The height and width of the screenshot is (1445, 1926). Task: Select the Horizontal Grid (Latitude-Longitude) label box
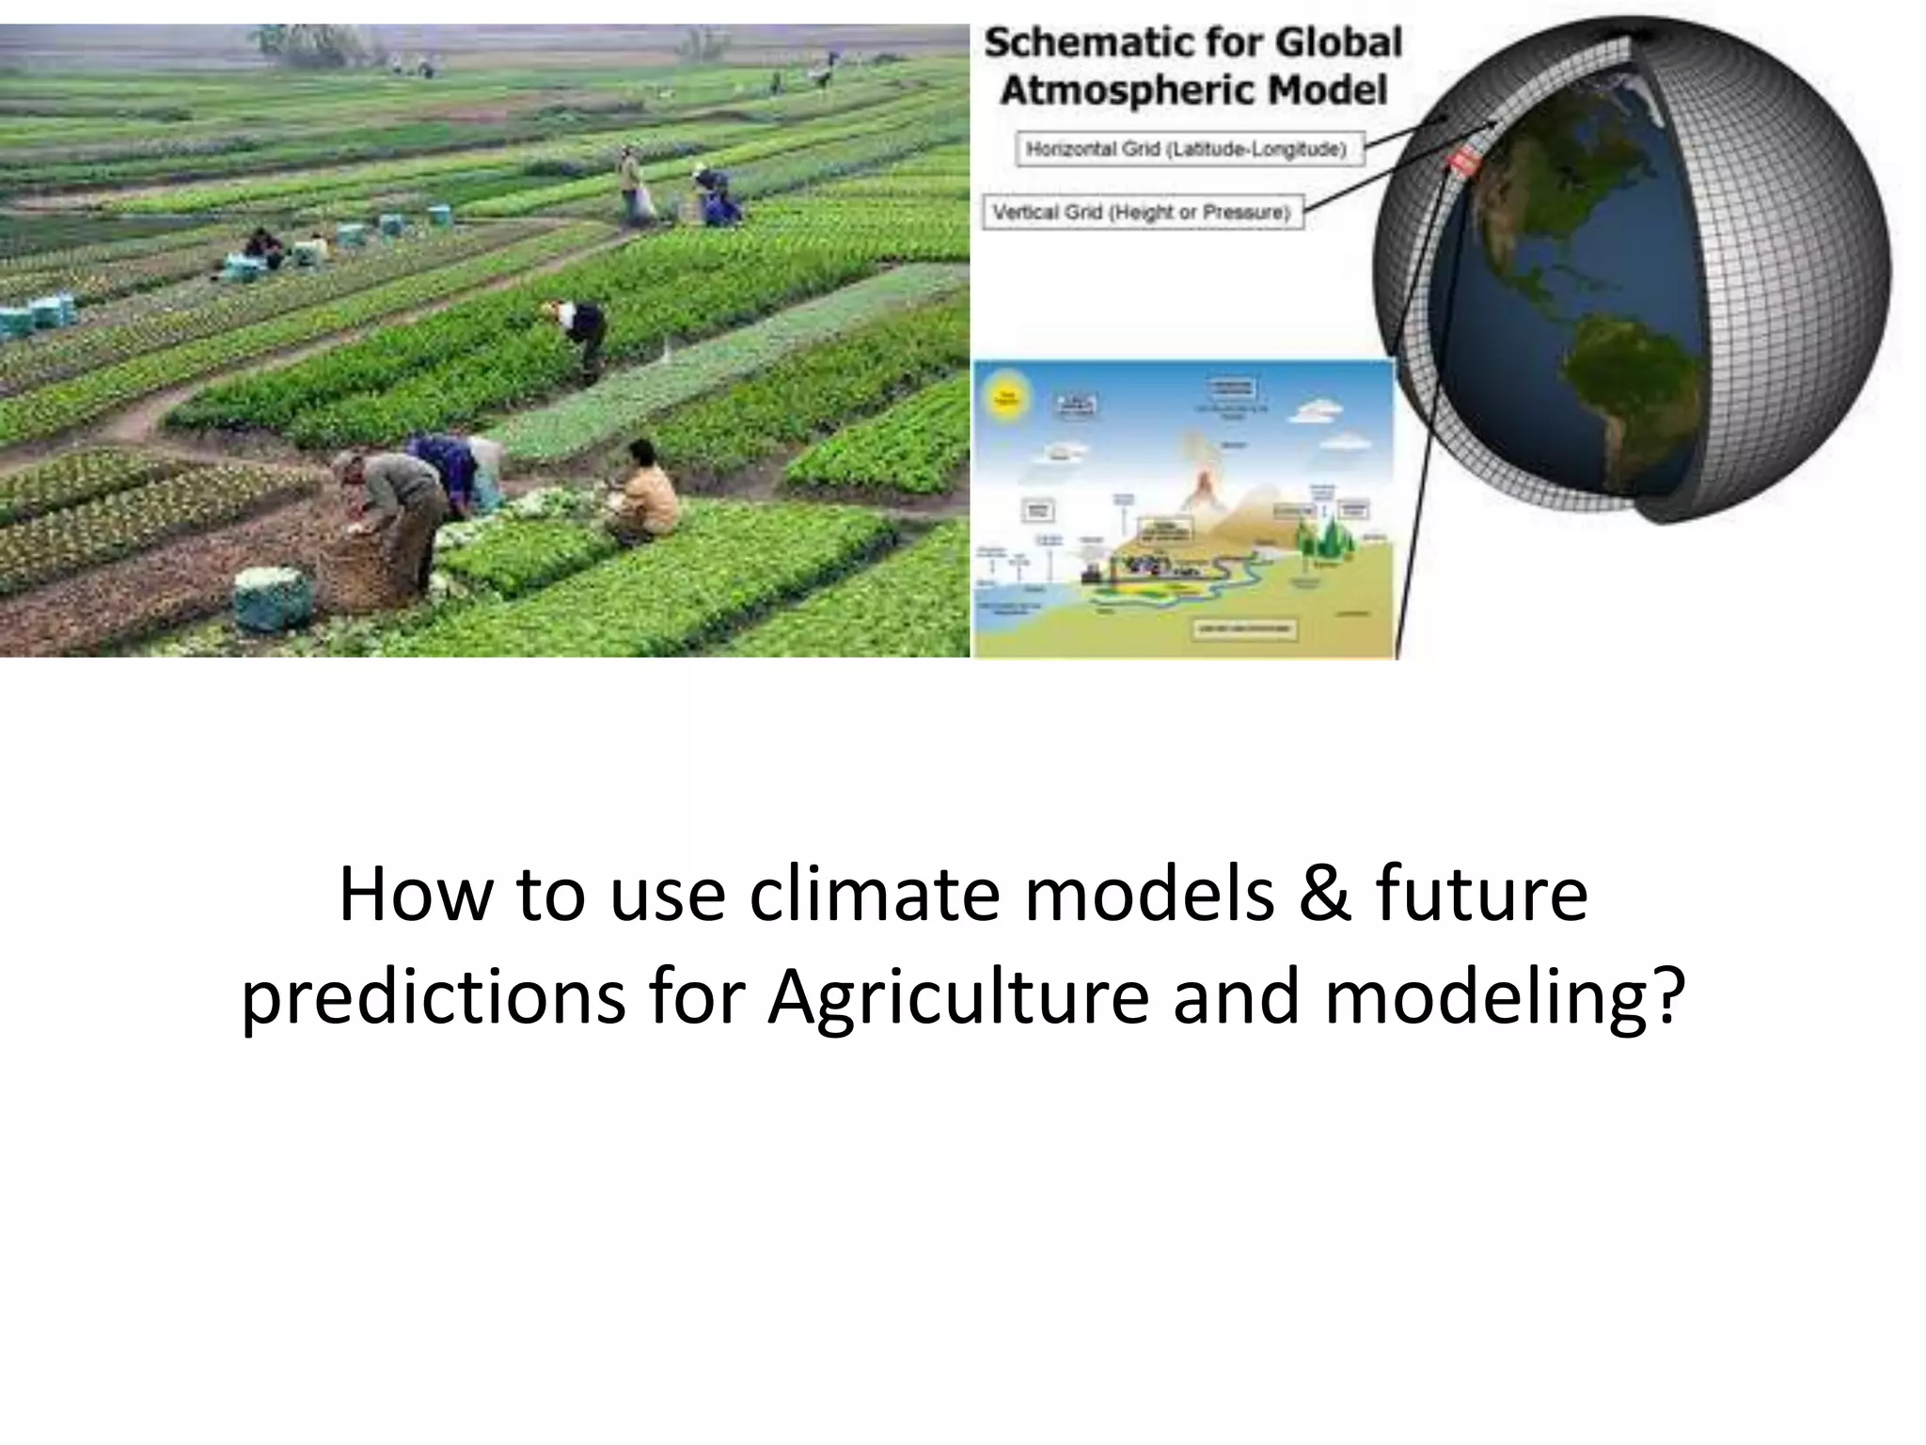1189,149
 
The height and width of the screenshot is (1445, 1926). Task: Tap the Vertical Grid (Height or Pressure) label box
1142,212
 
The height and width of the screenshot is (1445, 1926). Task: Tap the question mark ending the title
1666,997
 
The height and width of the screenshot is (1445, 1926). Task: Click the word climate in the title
874,894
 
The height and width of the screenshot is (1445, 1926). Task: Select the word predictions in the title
433,997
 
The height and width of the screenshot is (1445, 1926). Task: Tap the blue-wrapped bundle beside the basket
272,598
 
